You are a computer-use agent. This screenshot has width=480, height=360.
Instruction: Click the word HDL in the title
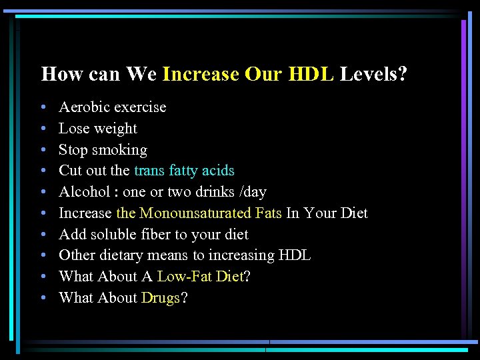311,73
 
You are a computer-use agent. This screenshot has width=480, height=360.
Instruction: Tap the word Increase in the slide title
200,73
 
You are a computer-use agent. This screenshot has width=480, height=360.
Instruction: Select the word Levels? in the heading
373,73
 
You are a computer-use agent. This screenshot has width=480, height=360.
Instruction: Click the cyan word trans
149,171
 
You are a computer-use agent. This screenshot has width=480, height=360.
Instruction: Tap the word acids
218,171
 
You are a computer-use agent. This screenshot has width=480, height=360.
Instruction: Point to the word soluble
110,235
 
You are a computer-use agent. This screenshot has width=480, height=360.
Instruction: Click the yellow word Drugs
161,298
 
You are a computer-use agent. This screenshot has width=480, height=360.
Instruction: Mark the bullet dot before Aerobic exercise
43,107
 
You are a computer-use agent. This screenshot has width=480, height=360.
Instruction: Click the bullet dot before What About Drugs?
43,298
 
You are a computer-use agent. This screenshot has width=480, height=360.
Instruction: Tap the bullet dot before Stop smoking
43,150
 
